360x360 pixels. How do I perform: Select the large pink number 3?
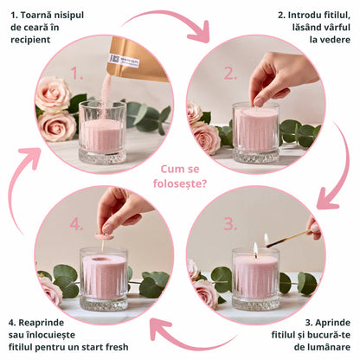pyautogui.click(x=229, y=222)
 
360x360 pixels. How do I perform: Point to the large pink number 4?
pyautogui.click(x=77, y=224)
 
